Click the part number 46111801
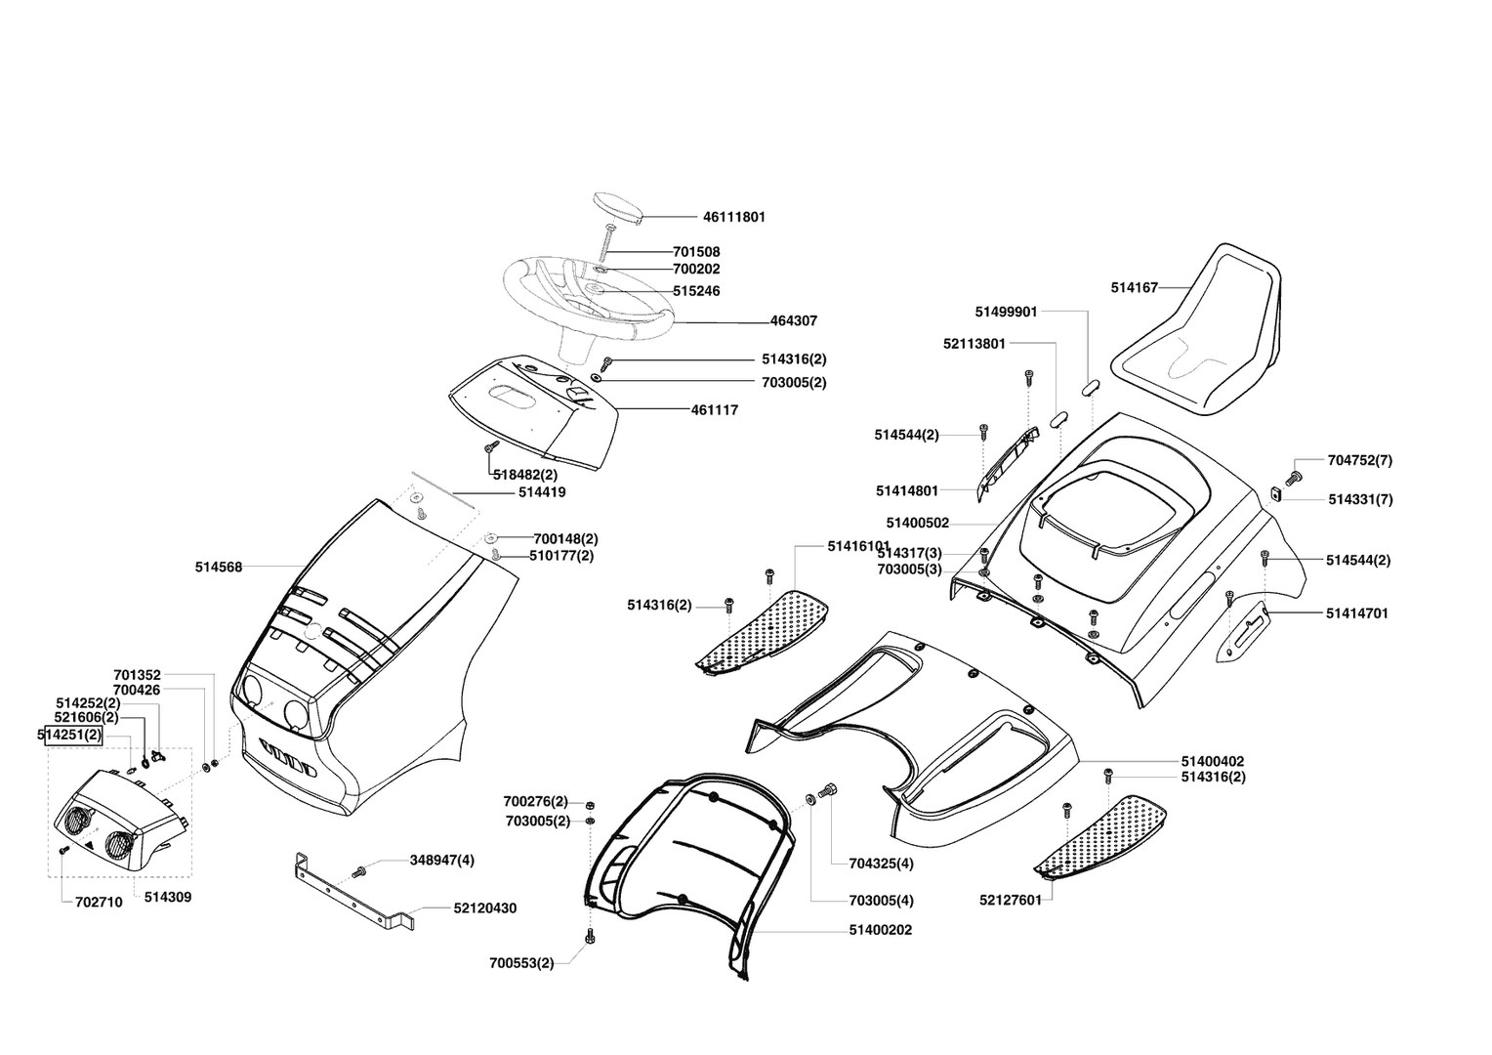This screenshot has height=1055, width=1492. tap(733, 217)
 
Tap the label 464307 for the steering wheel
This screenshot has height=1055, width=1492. tap(793, 320)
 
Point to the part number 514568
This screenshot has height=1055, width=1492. tap(219, 567)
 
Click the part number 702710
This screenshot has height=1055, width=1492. tap(99, 903)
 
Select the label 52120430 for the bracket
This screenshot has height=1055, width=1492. tap(484, 908)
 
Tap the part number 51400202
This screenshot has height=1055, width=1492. tap(880, 930)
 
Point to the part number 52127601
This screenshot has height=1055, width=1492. tap(1010, 900)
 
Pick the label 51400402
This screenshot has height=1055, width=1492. tap(1213, 761)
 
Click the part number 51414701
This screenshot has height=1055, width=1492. tap(1356, 613)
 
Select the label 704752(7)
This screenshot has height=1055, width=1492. tap(1360, 460)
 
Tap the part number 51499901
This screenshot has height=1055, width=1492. tap(1006, 312)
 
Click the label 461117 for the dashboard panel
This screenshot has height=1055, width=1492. tap(714, 410)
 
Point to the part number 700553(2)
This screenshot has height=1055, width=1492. tap(521, 963)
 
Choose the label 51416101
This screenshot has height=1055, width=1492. tap(858, 545)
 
